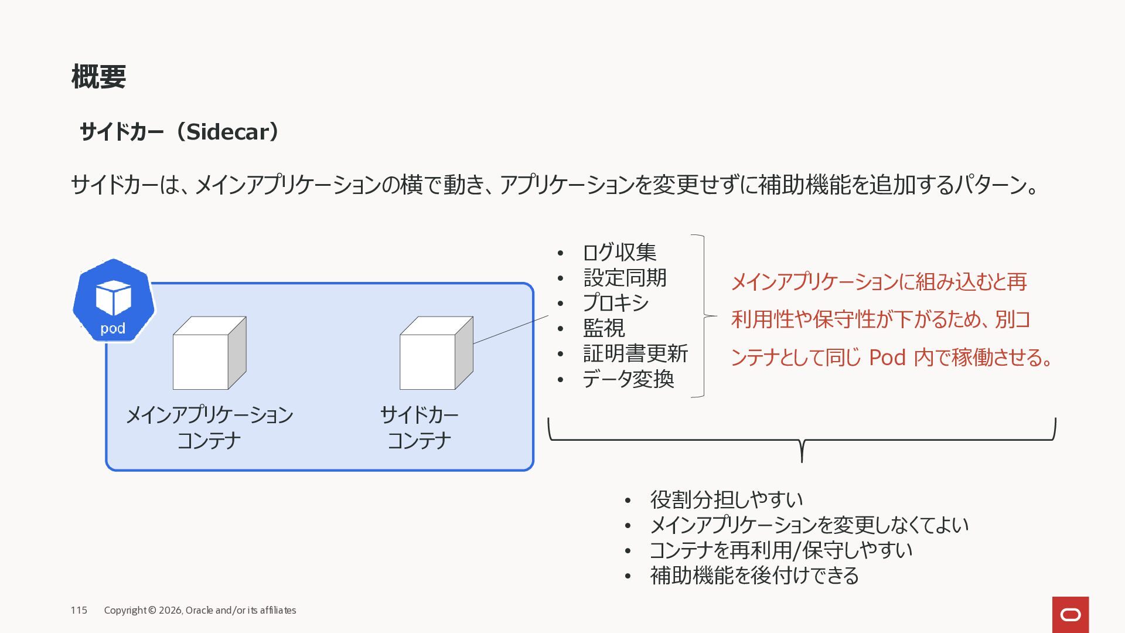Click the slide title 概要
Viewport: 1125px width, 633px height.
(98, 77)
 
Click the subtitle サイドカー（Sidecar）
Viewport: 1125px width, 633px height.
(180, 132)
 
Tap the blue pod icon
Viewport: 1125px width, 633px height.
(114, 301)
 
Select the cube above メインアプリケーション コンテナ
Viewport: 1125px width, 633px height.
(209, 353)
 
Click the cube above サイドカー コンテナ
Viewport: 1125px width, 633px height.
(435, 353)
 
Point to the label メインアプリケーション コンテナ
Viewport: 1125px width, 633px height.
(209, 427)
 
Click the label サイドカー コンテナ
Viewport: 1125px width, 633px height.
(419, 427)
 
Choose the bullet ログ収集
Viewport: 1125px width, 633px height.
(619, 253)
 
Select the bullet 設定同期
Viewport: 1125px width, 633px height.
(625, 278)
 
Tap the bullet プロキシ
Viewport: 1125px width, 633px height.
(616, 303)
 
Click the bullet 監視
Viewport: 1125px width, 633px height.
(604, 328)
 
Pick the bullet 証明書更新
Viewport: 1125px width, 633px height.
(635, 354)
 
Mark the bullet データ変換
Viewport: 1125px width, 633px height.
(628, 379)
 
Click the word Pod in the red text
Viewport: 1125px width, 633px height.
(887, 357)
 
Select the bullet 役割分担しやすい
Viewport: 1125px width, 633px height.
(726, 500)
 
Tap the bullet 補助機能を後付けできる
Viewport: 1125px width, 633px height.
(754, 576)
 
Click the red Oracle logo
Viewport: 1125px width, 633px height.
(1070, 614)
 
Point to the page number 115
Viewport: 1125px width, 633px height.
(79, 610)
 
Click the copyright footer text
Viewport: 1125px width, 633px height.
(200, 610)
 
